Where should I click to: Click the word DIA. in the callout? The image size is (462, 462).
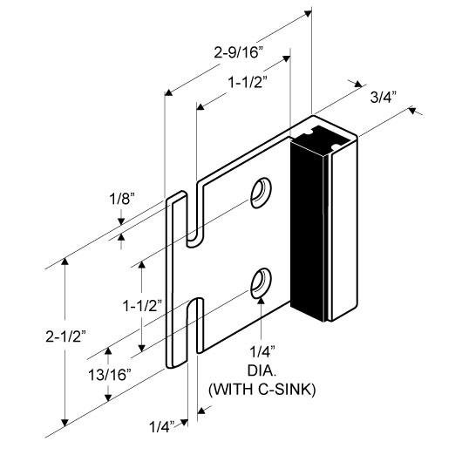pyautogui.click(x=262, y=369)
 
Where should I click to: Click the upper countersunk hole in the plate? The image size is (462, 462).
pyautogui.click(x=260, y=192)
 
